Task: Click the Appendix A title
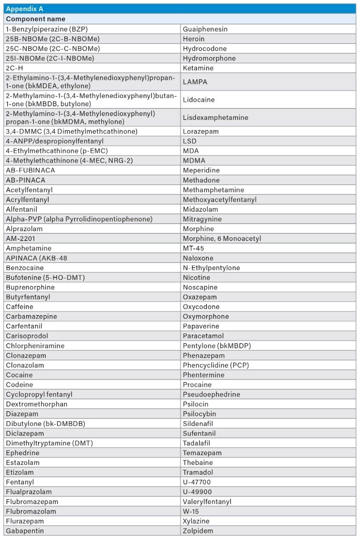tap(25, 9)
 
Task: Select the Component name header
tap(36, 19)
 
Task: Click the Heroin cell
tap(194, 39)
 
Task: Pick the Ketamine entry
tap(198, 68)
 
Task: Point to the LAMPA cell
tap(195, 82)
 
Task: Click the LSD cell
tap(190, 141)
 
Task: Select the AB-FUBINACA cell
tap(30, 170)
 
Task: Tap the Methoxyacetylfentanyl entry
tap(219, 199)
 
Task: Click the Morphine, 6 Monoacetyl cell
tap(222, 238)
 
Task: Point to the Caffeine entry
tap(19, 307)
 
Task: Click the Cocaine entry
tap(19, 375)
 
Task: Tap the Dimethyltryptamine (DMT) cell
tap(49, 443)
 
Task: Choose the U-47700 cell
tap(197, 482)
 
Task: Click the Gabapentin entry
tap(25, 531)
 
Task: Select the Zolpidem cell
tap(198, 531)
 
